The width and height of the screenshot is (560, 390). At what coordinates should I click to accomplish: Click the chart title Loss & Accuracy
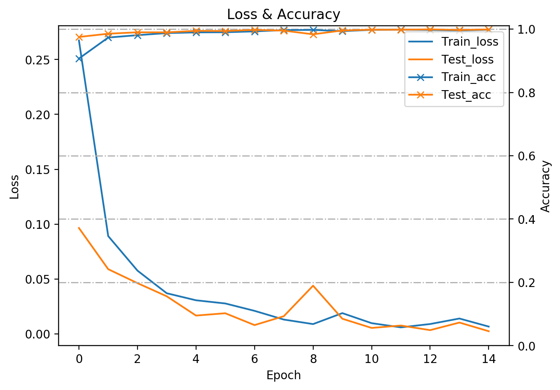pos(283,15)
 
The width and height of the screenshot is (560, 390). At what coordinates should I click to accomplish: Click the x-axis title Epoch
pos(283,375)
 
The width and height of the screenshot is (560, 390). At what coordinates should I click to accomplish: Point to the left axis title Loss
pos(15,187)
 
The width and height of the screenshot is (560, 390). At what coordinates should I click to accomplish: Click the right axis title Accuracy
pos(546,186)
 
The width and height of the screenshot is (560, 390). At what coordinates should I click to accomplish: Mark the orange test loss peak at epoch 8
pos(313,285)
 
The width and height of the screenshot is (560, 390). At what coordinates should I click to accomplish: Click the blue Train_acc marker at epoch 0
pos(79,59)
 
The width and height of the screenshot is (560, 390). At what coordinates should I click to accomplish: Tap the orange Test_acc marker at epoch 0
pos(79,37)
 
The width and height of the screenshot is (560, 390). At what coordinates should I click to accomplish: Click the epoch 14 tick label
pos(489,359)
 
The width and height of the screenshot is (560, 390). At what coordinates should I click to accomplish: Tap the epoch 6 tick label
pos(255,359)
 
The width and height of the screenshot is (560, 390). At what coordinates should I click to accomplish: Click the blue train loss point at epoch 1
pos(108,236)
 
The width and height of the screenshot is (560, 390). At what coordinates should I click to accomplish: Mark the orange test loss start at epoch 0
pos(79,228)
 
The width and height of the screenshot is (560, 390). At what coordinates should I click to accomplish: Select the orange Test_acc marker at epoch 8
pos(313,34)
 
